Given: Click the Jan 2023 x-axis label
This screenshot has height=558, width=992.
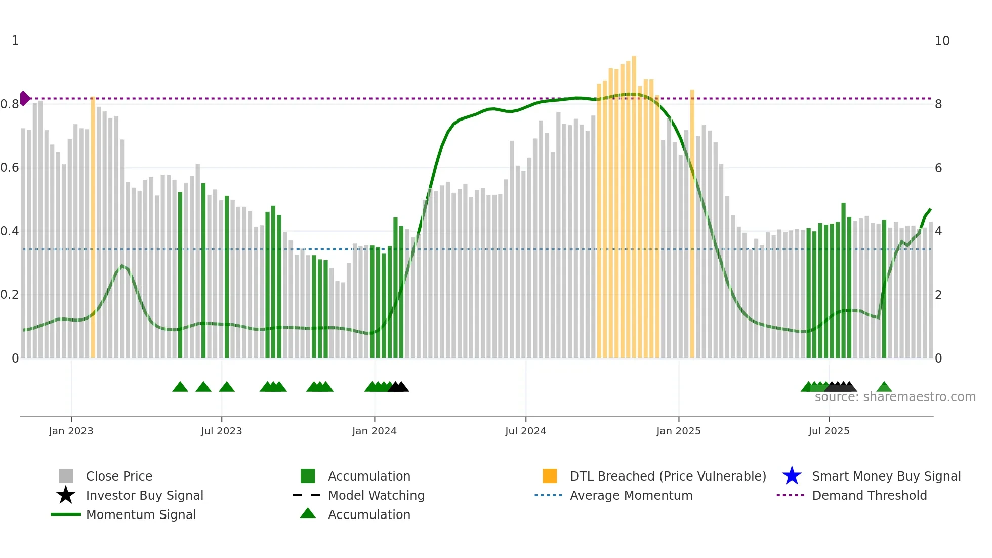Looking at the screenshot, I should pos(71,431).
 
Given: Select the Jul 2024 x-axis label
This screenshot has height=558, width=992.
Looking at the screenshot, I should pos(525,431).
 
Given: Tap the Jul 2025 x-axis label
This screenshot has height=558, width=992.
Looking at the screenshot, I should pos(829,431).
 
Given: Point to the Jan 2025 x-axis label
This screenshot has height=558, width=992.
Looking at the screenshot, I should pos(678,431).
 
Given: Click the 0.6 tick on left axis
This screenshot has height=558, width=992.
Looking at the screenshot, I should pos(10,168).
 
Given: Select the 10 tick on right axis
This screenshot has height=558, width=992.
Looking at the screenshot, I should pos(942,41).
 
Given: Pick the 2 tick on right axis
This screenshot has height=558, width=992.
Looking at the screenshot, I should pos(938,295).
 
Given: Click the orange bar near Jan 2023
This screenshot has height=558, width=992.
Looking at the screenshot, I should pos(93,228).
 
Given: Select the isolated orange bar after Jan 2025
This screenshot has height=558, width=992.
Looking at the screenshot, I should pos(692,223).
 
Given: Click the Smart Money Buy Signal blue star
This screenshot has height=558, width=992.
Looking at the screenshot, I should pos(792,476).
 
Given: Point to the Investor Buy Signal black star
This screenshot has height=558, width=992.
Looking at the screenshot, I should pos(66,495).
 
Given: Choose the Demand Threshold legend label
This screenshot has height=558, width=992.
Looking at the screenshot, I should pos(869,495).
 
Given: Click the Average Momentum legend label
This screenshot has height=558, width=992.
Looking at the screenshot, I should pos(631,495).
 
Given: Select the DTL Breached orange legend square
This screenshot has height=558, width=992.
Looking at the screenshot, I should pos(550,476).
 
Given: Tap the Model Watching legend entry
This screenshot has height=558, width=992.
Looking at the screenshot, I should pos(376,495).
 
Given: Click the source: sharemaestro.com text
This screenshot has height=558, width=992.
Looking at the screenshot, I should pos(895,397).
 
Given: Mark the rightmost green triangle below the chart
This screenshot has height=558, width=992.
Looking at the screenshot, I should pos(884,387).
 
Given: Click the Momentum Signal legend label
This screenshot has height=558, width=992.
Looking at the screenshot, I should pos(141,514).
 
